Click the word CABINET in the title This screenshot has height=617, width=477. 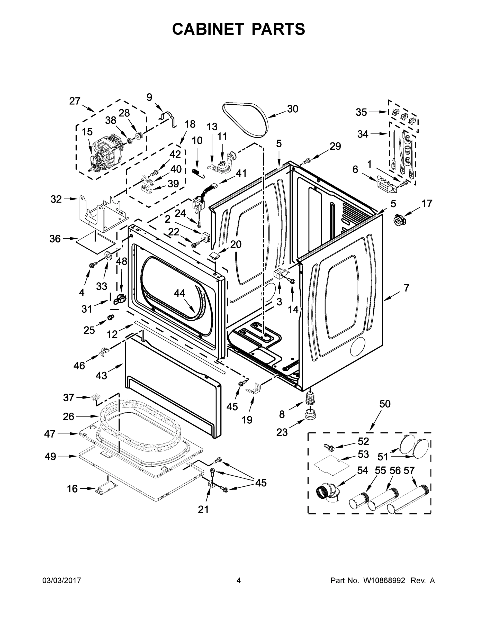(208, 29)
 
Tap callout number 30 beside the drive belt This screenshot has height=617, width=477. (292, 109)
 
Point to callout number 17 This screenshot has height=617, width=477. (427, 203)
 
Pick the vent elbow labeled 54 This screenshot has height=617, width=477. (329, 493)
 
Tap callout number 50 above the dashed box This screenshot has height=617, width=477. (385, 404)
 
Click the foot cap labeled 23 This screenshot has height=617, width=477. (310, 415)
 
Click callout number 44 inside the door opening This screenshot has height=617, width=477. (179, 293)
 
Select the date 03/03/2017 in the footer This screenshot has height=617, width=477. (62, 580)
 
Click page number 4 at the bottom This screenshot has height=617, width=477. (238, 580)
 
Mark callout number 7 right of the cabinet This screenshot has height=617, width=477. (406, 288)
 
